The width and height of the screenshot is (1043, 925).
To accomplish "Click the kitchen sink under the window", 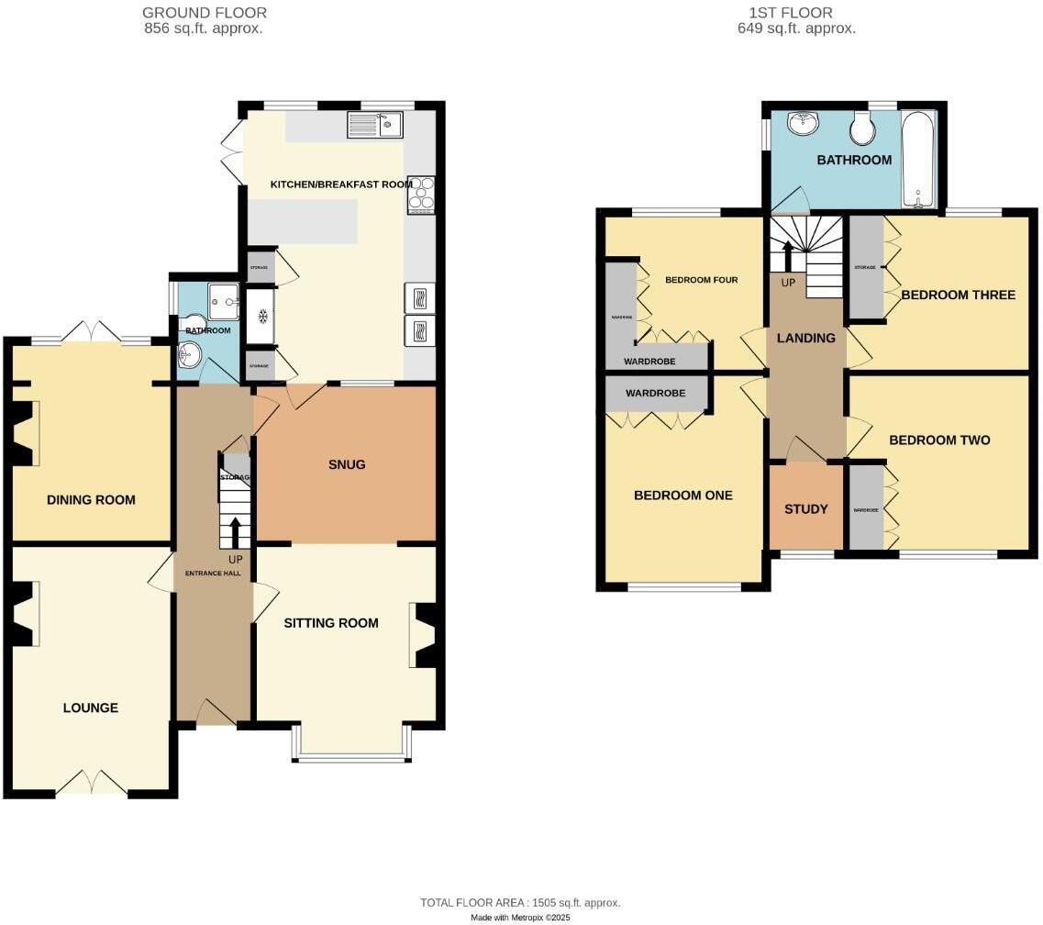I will [x=375, y=125].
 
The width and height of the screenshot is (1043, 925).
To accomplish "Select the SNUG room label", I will [x=347, y=464].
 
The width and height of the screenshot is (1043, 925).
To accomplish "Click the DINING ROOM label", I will [x=91, y=500].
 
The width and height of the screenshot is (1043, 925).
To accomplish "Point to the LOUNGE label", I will [x=90, y=708].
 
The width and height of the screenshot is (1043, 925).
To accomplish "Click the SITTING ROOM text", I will [x=330, y=623].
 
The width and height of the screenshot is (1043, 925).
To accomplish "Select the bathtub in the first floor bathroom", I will [x=917, y=159].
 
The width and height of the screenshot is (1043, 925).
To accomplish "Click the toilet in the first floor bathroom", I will [x=861, y=130].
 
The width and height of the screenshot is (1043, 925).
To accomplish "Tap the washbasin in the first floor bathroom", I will [x=804, y=122].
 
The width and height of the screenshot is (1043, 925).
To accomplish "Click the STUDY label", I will [x=806, y=509].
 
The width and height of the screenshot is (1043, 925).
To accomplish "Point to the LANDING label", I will [x=806, y=338].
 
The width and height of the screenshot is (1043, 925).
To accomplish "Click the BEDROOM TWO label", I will [x=939, y=440].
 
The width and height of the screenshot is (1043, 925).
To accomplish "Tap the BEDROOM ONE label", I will [x=683, y=496].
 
